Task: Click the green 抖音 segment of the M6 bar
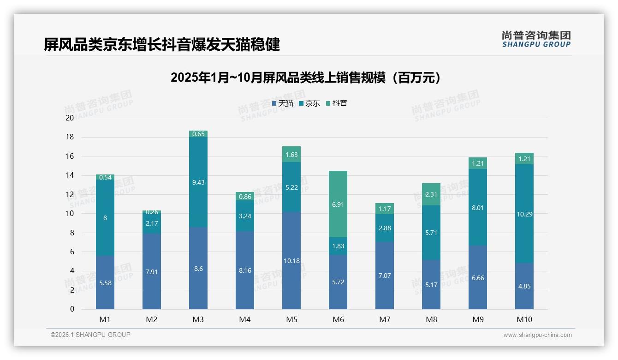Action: click(x=338, y=204)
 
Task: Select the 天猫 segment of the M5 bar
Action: click(x=291, y=261)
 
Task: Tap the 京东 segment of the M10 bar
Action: click(x=524, y=214)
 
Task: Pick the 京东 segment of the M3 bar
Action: click(x=198, y=182)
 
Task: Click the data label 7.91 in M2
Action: click(x=152, y=272)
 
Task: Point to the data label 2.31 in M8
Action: click(x=431, y=194)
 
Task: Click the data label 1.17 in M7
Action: click(x=385, y=209)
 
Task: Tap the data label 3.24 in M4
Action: click(x=245, y=216)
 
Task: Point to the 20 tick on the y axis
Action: click(x=70, y=118)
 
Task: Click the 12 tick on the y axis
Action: click(x=70, y=194)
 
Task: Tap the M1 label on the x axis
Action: click(x=105, y=319)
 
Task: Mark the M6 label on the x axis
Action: click(x=338, y=319)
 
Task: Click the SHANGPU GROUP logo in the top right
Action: click(x=536, y=39)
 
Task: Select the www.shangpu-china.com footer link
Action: click(x=537, y=335)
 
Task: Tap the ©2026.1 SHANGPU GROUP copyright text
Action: click(x=90, y=335)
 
